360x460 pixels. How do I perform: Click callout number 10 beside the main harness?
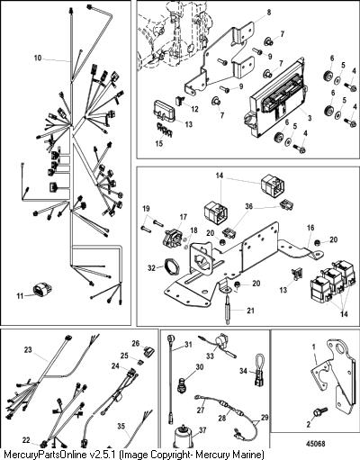pos(38,58)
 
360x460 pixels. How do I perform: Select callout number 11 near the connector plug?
pos(20,296)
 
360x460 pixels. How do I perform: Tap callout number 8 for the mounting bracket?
pos(269,13)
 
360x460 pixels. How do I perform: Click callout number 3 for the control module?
pos(310,118)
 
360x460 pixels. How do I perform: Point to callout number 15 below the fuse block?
pos(159,143)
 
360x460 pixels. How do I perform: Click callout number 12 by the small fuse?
pos(195,109)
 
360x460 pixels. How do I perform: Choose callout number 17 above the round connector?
pos(184,217)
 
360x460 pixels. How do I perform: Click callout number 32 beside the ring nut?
pos(152,267)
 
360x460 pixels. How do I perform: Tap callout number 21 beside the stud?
pos(250,311)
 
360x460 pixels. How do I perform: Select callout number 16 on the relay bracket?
pos(310,228)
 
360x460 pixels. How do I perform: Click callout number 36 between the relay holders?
pos(249,206)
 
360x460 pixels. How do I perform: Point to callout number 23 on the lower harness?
pos(28,350)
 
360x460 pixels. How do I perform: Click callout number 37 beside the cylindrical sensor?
pos(202,430)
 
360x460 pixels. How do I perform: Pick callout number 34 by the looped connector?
pos(243,371)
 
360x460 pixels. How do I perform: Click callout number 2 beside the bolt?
pos(309,424)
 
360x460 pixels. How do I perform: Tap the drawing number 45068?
pos(316,444)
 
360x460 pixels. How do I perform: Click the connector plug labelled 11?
pos(42,290)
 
